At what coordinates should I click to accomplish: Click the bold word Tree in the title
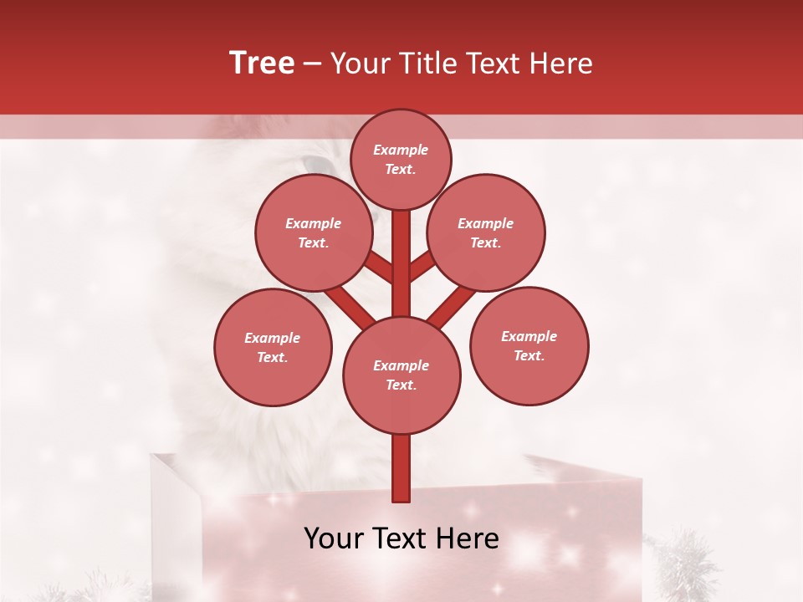point(262,64)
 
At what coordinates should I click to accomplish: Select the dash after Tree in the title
point(312,64)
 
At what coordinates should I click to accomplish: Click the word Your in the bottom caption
point(334,538)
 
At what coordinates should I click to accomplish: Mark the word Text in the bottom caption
point(404,538)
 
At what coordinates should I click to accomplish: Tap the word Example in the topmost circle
point(401,150)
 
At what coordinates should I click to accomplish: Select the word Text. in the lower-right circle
point(529,356)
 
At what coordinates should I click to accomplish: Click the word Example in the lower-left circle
point(272,339)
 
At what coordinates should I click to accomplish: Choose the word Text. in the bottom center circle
point(401,385)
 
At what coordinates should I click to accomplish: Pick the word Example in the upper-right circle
point(485,223)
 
